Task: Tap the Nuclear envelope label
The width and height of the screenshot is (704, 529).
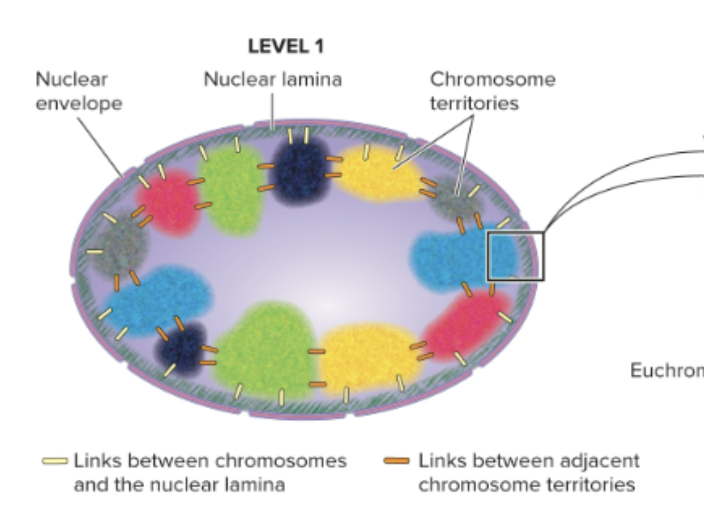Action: pos(78,91)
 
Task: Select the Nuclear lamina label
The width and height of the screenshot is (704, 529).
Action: pos(273,79)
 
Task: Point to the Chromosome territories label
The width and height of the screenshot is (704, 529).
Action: pos(492,91)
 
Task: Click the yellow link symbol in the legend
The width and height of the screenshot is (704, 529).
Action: pos(54,461)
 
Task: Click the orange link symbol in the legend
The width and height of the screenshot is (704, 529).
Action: pos(397,461)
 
